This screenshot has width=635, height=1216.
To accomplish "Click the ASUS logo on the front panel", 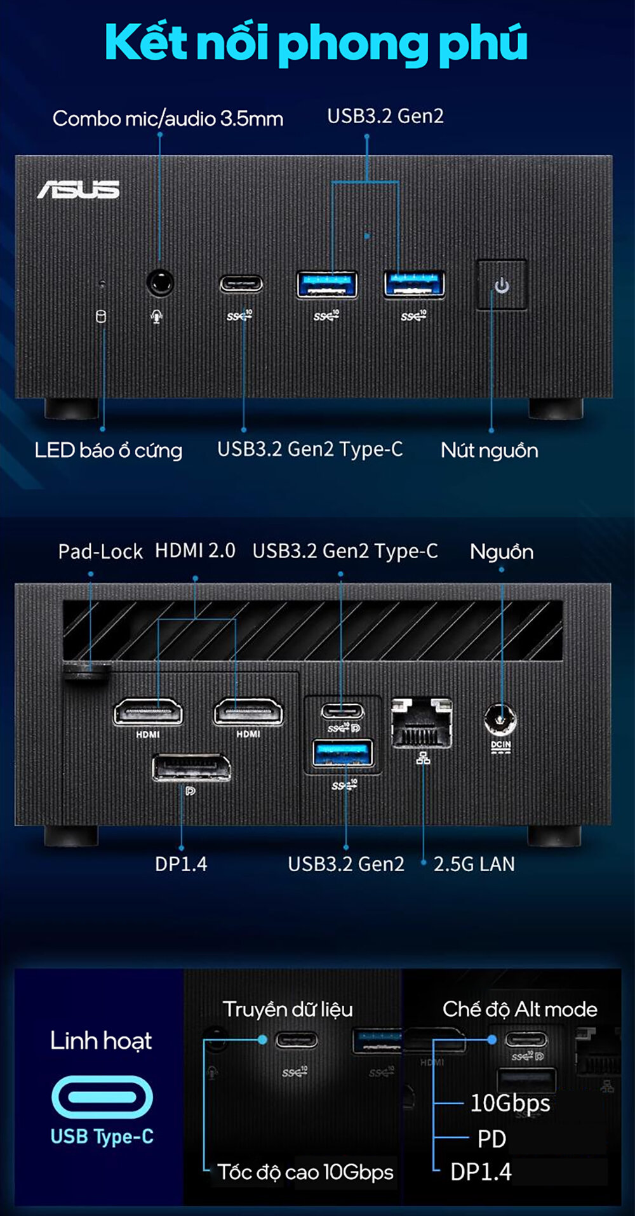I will point(78,189).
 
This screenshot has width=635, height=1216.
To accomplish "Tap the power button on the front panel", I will point(502,285).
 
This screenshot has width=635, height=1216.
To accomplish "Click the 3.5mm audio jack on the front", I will point(160,283).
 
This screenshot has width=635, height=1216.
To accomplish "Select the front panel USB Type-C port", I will point(241,283).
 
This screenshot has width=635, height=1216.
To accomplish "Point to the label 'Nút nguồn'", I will point(489,450).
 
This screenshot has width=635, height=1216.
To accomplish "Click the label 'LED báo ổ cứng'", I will point(108,450).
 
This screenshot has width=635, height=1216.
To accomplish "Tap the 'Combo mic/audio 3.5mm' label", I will point(168,118).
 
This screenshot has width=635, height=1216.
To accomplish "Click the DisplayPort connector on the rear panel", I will point(191,768).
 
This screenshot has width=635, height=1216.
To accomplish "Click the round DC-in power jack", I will point(500,720).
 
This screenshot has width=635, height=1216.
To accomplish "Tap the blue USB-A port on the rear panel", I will point(343,754).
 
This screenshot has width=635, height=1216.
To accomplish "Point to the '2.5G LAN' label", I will point(474,864).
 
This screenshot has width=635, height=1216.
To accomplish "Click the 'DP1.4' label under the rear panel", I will point(181,864).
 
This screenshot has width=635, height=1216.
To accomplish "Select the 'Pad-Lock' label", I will point(100,551).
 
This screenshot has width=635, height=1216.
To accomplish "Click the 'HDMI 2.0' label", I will point(195,550).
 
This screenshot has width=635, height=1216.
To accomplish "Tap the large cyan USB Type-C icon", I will point(102,1097).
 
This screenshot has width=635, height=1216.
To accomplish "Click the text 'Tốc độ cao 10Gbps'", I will point(305,1172).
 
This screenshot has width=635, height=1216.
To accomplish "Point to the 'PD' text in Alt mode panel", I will point(491,1139).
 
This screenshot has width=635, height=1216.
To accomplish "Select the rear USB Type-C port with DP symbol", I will point(343,709).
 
